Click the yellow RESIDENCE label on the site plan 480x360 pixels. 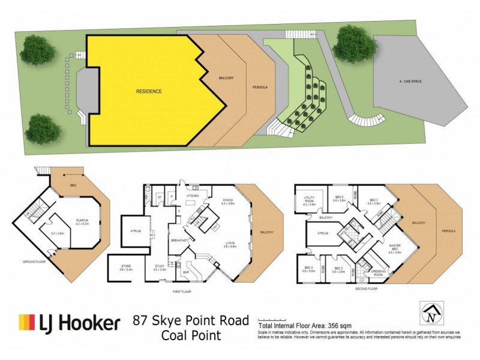pos(148,91)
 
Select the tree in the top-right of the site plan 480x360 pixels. pos(353,43)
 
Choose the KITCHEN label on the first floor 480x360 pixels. pos(192,196)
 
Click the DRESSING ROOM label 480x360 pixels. pos(379,272)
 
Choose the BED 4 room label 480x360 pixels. pos(309,268)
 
